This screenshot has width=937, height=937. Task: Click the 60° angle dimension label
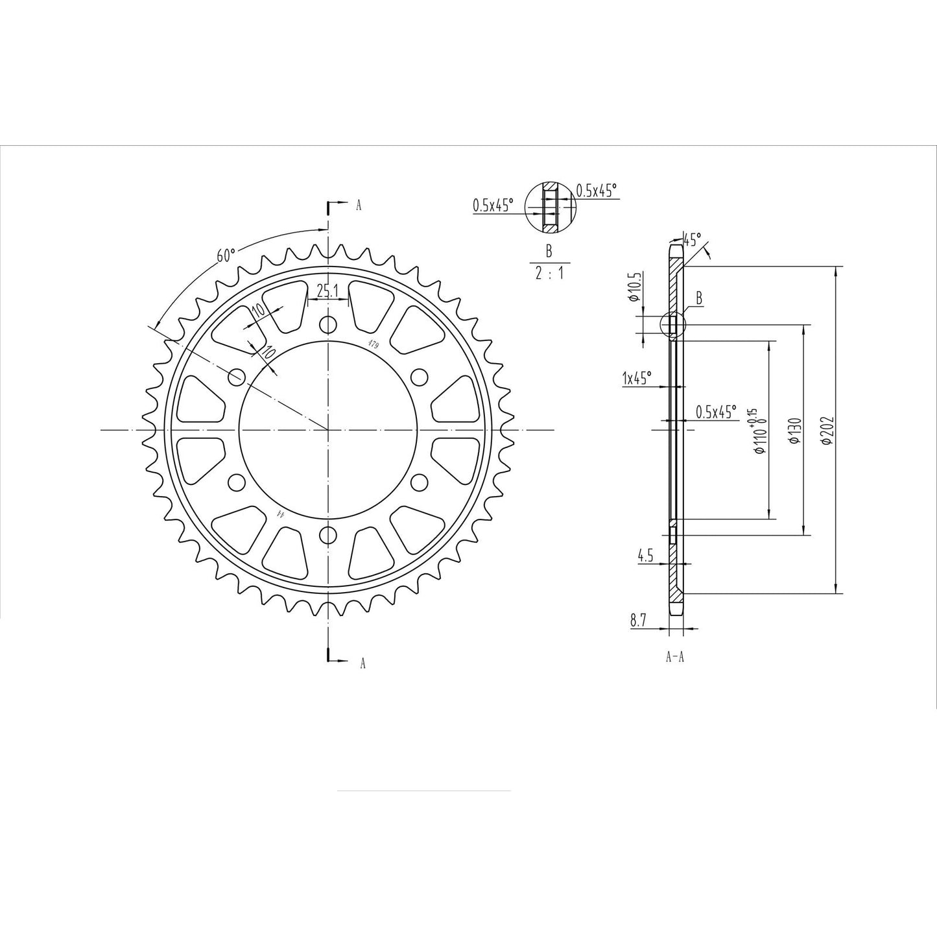click(x=224, y=255)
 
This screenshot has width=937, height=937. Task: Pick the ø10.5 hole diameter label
click(x=635, y=288)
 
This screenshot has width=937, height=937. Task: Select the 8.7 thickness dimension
click(x=637, y=621)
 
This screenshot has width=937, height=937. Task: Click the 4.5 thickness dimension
click(x=645, y=555)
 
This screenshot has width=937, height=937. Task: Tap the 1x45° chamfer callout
click(x=636, y=379)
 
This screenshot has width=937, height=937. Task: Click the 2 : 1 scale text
click(x=549, y=273)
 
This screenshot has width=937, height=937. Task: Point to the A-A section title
click(x=675, y=657)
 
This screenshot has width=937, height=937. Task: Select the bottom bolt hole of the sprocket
click(x=329, y=535)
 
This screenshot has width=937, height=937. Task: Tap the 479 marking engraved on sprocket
click(x=374, y=344)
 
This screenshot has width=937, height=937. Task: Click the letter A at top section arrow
click(x=359, y=206)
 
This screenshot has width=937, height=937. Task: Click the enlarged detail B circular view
click(x=550, y=207)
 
